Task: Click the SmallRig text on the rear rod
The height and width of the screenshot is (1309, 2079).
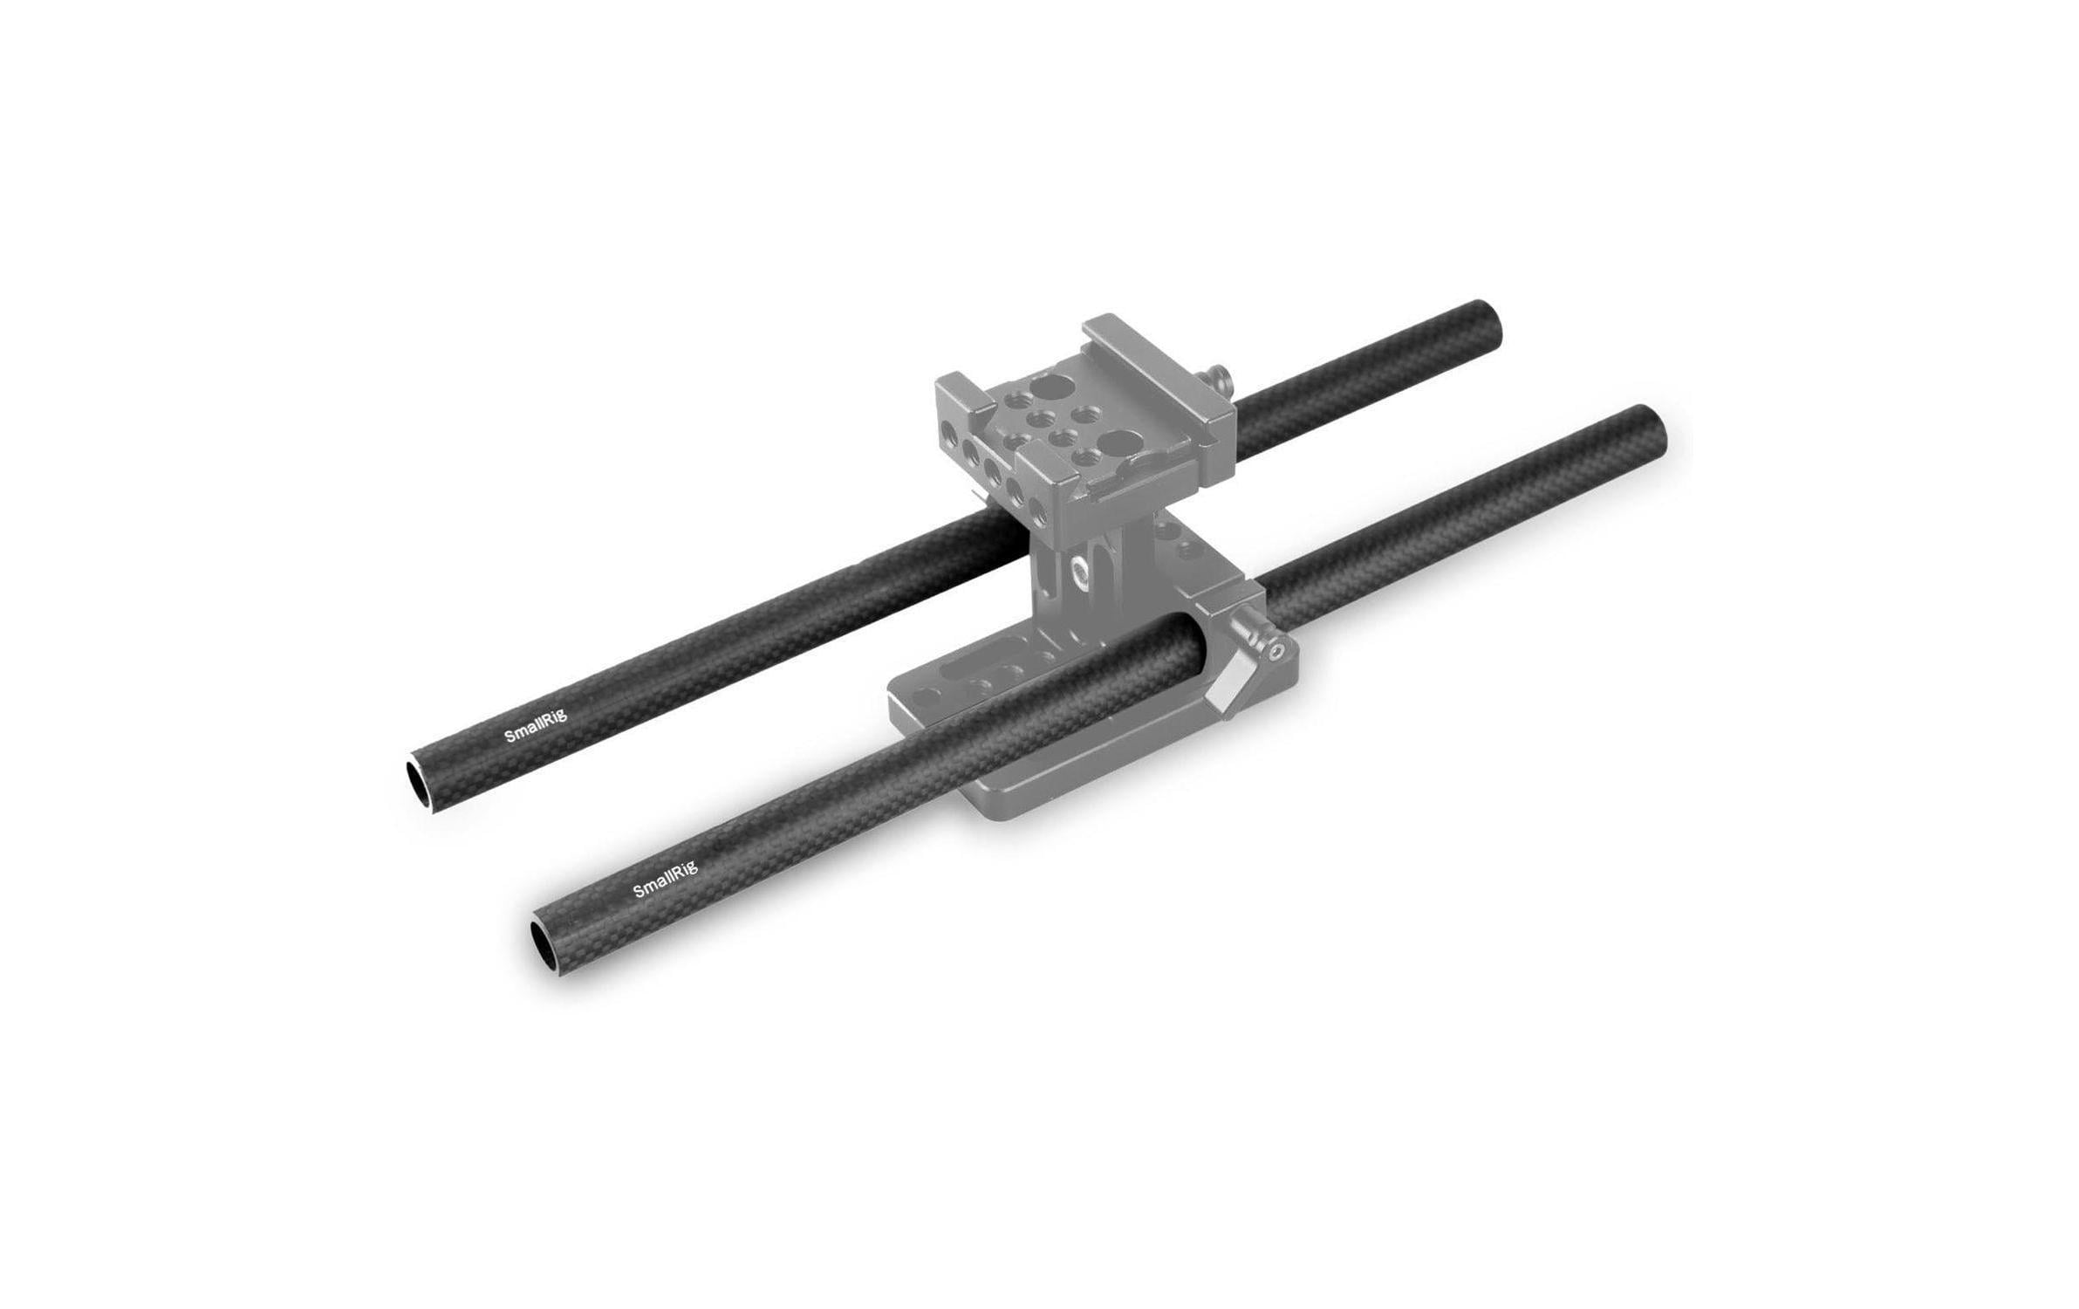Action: (536, 726)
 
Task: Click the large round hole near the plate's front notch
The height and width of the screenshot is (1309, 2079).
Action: (1116, 441)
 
